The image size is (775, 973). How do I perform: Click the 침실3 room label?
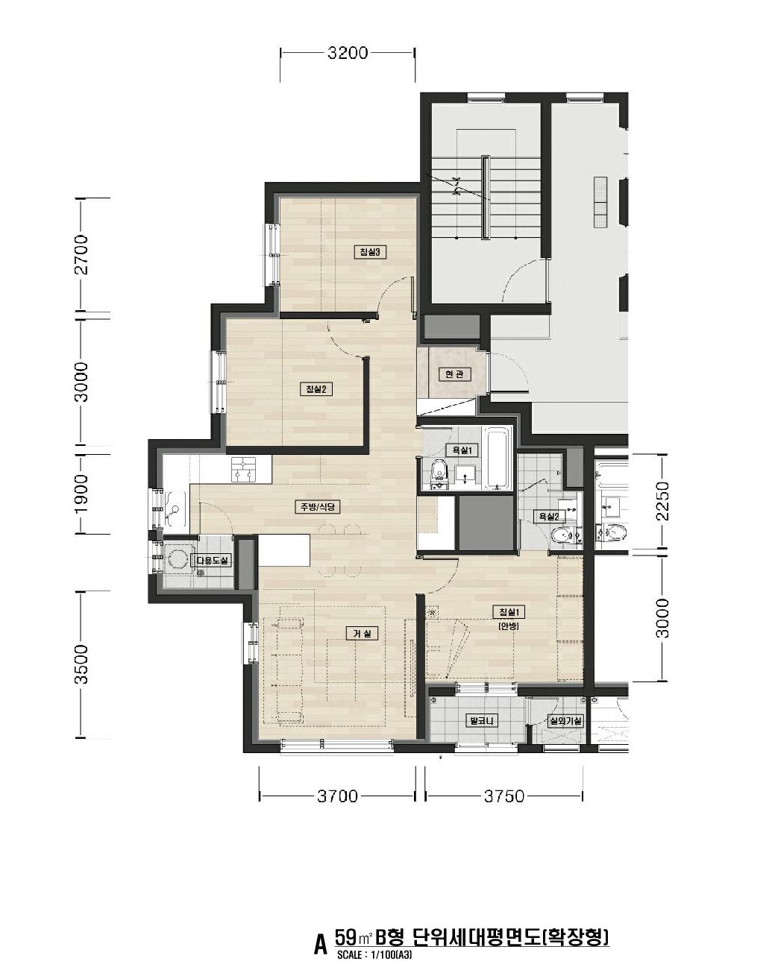[x=370, y=251]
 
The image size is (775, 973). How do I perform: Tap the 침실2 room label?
[x=316, y=389]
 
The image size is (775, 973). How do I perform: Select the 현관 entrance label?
[x=455, y=374]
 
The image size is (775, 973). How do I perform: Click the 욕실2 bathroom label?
[x=549, y=516]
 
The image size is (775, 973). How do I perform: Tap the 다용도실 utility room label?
[x=212, y=561]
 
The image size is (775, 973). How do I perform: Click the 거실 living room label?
[x=362, y=634]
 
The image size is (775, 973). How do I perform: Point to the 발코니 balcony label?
[x=482, y=721]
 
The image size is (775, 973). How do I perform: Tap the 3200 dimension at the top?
[x=348, y=53]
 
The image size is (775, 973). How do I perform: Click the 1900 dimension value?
[x=82, y=494]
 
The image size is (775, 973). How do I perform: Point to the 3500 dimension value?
[x=82, y=664]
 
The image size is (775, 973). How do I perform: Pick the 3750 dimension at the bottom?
[x=504, y=796]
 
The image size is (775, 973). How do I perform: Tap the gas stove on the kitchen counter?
[x=243, y=469]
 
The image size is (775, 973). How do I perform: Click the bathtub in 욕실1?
[x=498, y=459]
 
